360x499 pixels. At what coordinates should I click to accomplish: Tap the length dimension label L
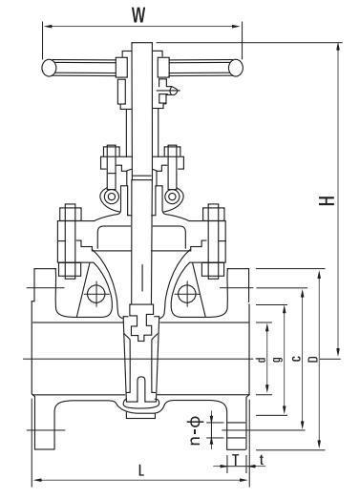[140, 469]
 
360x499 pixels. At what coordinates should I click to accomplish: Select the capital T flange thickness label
[235, 460]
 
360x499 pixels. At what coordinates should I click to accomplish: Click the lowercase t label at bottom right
[262, 460]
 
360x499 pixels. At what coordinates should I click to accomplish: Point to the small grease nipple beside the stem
[172, 93]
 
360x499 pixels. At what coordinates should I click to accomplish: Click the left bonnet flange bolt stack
[68, 238]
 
